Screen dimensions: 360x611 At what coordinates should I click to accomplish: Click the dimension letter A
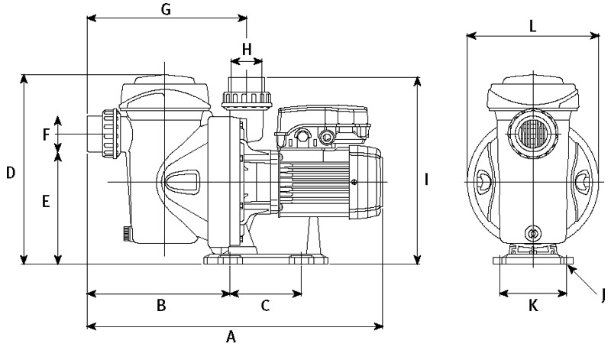(x=229, y=336)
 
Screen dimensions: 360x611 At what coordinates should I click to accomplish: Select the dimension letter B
(x=161, y=306)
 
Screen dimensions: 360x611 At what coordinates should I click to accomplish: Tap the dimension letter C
(x=265, y=306)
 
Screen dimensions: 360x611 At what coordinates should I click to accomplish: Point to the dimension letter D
(x=11, y=174)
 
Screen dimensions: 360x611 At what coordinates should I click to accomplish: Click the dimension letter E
(x=45, y=203)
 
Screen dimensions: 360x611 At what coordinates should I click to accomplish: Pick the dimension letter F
(x=47, y=135)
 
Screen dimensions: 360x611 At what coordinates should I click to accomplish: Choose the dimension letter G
(x=166, y=9)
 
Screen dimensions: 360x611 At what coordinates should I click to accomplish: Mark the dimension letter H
(x=246, y=50)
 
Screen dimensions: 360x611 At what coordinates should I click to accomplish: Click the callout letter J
(x=602, y=292)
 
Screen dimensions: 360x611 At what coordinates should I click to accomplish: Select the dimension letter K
(x=533, y=306)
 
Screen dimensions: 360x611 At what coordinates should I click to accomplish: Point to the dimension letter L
(x=532, y=24)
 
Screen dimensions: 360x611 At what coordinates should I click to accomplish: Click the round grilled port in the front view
(x=533, y=135)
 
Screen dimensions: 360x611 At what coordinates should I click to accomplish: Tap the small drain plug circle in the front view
(x=532, y=232)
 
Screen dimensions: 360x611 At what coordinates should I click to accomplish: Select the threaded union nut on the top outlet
(x=246, y=99)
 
